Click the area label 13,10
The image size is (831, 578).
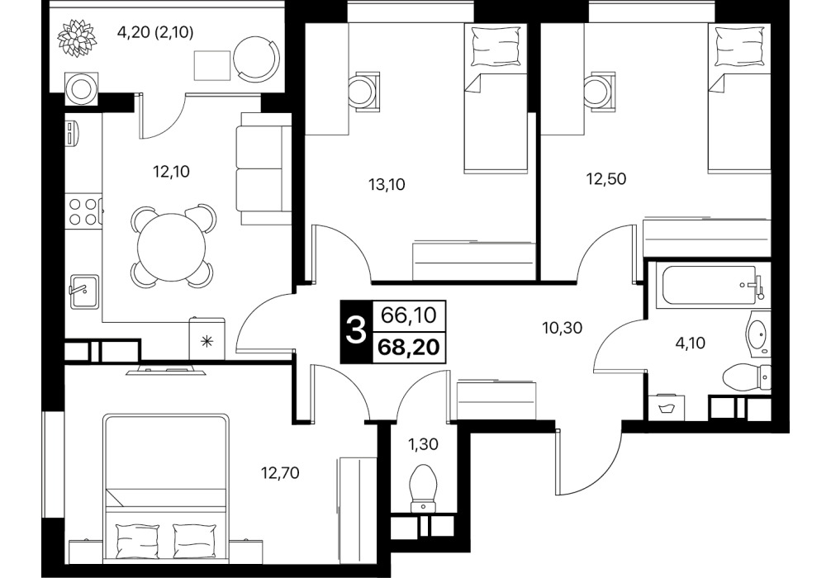[x=387, y=184]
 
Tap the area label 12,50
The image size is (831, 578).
[x=605, y=179]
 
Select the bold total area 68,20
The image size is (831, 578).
[x=409, y=347]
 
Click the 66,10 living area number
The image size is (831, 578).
[x=409, y=315]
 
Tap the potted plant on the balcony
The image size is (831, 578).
[x=78, y=37]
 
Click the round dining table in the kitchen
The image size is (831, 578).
[x=171, y=247]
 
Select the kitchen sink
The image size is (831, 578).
[x=83, y=291]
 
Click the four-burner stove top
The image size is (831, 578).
[x=83, y=211]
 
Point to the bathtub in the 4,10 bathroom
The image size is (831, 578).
[x=706, y=286]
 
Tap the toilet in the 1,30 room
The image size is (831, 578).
[x=424, y=488]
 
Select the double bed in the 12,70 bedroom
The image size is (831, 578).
[x=167, y=485]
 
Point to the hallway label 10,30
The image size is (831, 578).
[x=563, y=329]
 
